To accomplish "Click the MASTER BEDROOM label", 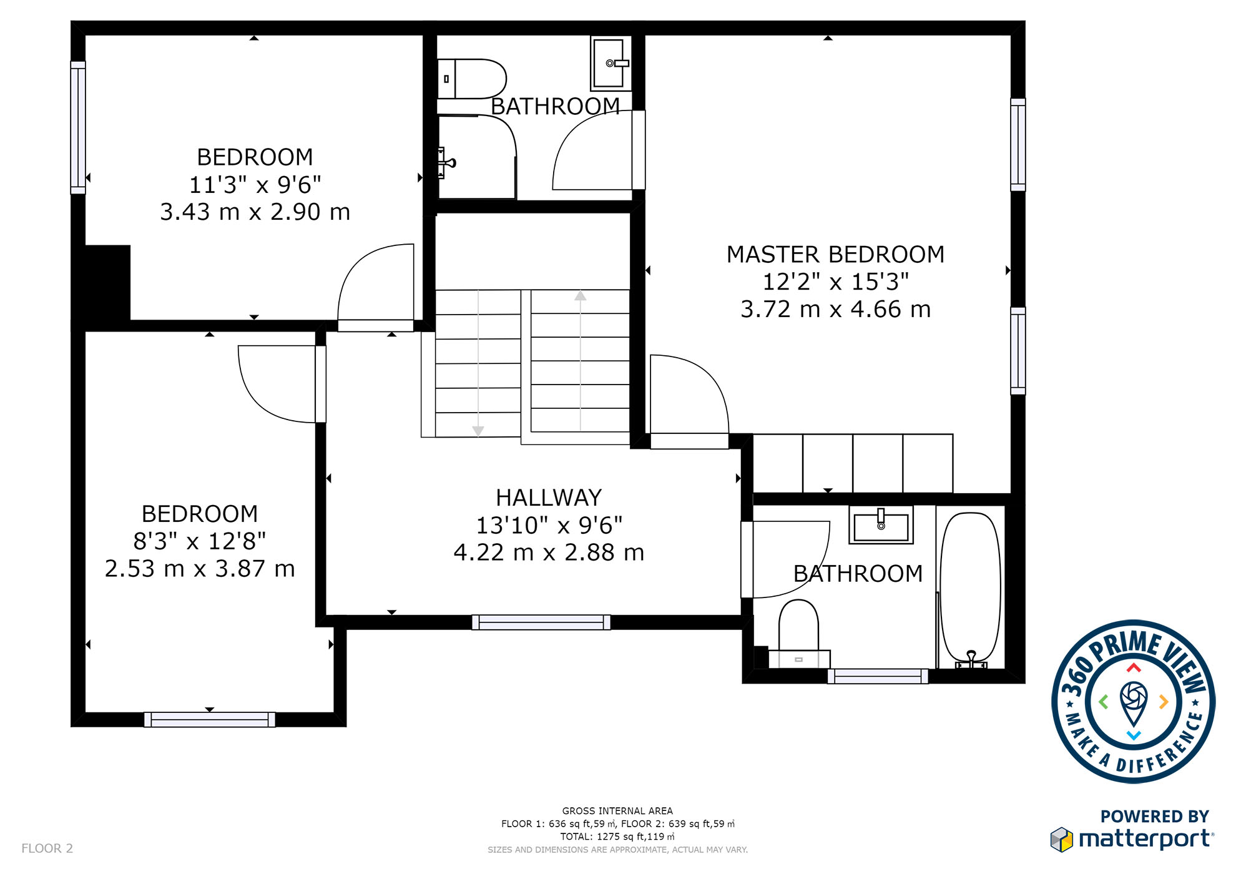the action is pyautogui.click(x=835, y=255).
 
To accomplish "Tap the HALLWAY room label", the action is pyautogui.click(x=549, y=498).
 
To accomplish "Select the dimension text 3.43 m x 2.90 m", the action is pyautogui.click(x=255, y=212).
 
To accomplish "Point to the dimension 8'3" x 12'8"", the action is pyautogui.click(x=200, y=541).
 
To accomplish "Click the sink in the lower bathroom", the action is pyautogui.click(x=881, y=525).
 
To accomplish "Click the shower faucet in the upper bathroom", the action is pyautogui.click(x=446, y=163).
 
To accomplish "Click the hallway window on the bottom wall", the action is pyautogui.click(x=541, y=622).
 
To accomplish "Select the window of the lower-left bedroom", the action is pyautogui.click(x=210, y=720).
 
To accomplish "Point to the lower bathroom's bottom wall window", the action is pyautogui.click(x=878, y=676).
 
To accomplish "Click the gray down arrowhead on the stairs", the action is pyautogui.click(x=478, y=431).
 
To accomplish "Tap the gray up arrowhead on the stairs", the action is pyautogui.click(x=581, y=295).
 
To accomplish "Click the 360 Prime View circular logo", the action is pyautogui.click(x=1133, y=702).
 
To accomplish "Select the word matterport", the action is pyautogui.click(x=1146, y=838).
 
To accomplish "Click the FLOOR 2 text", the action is pyautogui.click(x=47, y=848).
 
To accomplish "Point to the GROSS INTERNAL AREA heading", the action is pyautogui.click(x=617, y=811).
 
